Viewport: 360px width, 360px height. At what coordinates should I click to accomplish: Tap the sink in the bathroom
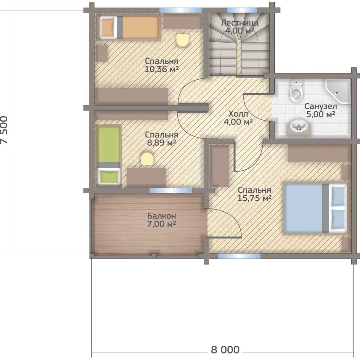tap(299, 126)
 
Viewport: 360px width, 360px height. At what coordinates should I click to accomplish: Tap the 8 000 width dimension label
tap(225, 350)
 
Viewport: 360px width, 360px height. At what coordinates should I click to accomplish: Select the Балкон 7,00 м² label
tap(162, 220)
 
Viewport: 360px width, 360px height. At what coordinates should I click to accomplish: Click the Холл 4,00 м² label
tap(238, 118)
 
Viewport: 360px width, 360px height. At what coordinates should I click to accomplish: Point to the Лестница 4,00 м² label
tap(239, 27)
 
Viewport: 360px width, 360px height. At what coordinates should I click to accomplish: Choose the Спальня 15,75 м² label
tap(255, 194)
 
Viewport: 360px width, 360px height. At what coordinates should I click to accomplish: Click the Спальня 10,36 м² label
tap(162, 65)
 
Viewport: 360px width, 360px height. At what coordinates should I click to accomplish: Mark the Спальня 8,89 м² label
tap(162, 139)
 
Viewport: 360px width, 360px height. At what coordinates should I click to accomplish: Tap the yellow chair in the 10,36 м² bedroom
tap(183, 41)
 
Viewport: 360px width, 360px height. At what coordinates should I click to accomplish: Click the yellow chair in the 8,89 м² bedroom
tap(147, 159)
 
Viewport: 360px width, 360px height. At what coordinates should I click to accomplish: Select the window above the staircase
tap(242, 10)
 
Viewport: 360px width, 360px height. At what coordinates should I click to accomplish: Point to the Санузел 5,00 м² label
tap(320, 110)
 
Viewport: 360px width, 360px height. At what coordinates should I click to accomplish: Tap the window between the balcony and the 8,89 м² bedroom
tap(171, 190)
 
